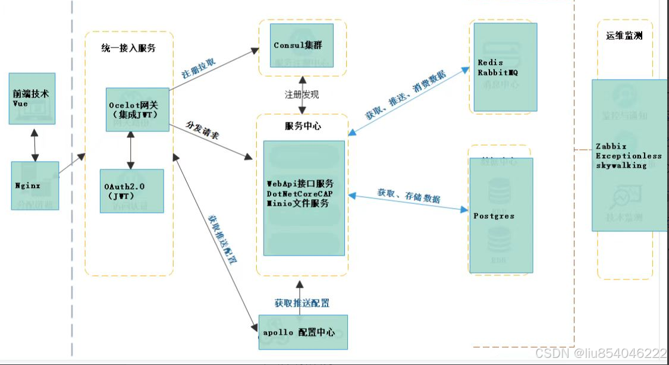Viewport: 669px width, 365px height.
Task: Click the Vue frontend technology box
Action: click(x=32, y=99)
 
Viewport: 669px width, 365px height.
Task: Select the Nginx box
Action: click(x=35, y=185)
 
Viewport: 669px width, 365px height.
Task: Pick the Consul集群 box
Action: click(x=301, y=46)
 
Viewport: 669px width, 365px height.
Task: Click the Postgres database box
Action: click(x=501, y=215)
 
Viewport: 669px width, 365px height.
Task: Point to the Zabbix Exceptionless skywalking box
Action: click(x=629, y=155)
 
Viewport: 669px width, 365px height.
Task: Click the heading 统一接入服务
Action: click(x=128, y=48)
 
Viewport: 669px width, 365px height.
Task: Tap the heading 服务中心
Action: click(x=303, y=126)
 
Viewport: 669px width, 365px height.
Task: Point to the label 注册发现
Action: click(x=301, y=95)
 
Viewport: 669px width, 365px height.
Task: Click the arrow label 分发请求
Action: click(x=202, y=131)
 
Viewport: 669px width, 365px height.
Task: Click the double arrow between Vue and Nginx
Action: click(x=35, y=143)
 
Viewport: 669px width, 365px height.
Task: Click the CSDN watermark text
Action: click(x=601, y=353)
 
